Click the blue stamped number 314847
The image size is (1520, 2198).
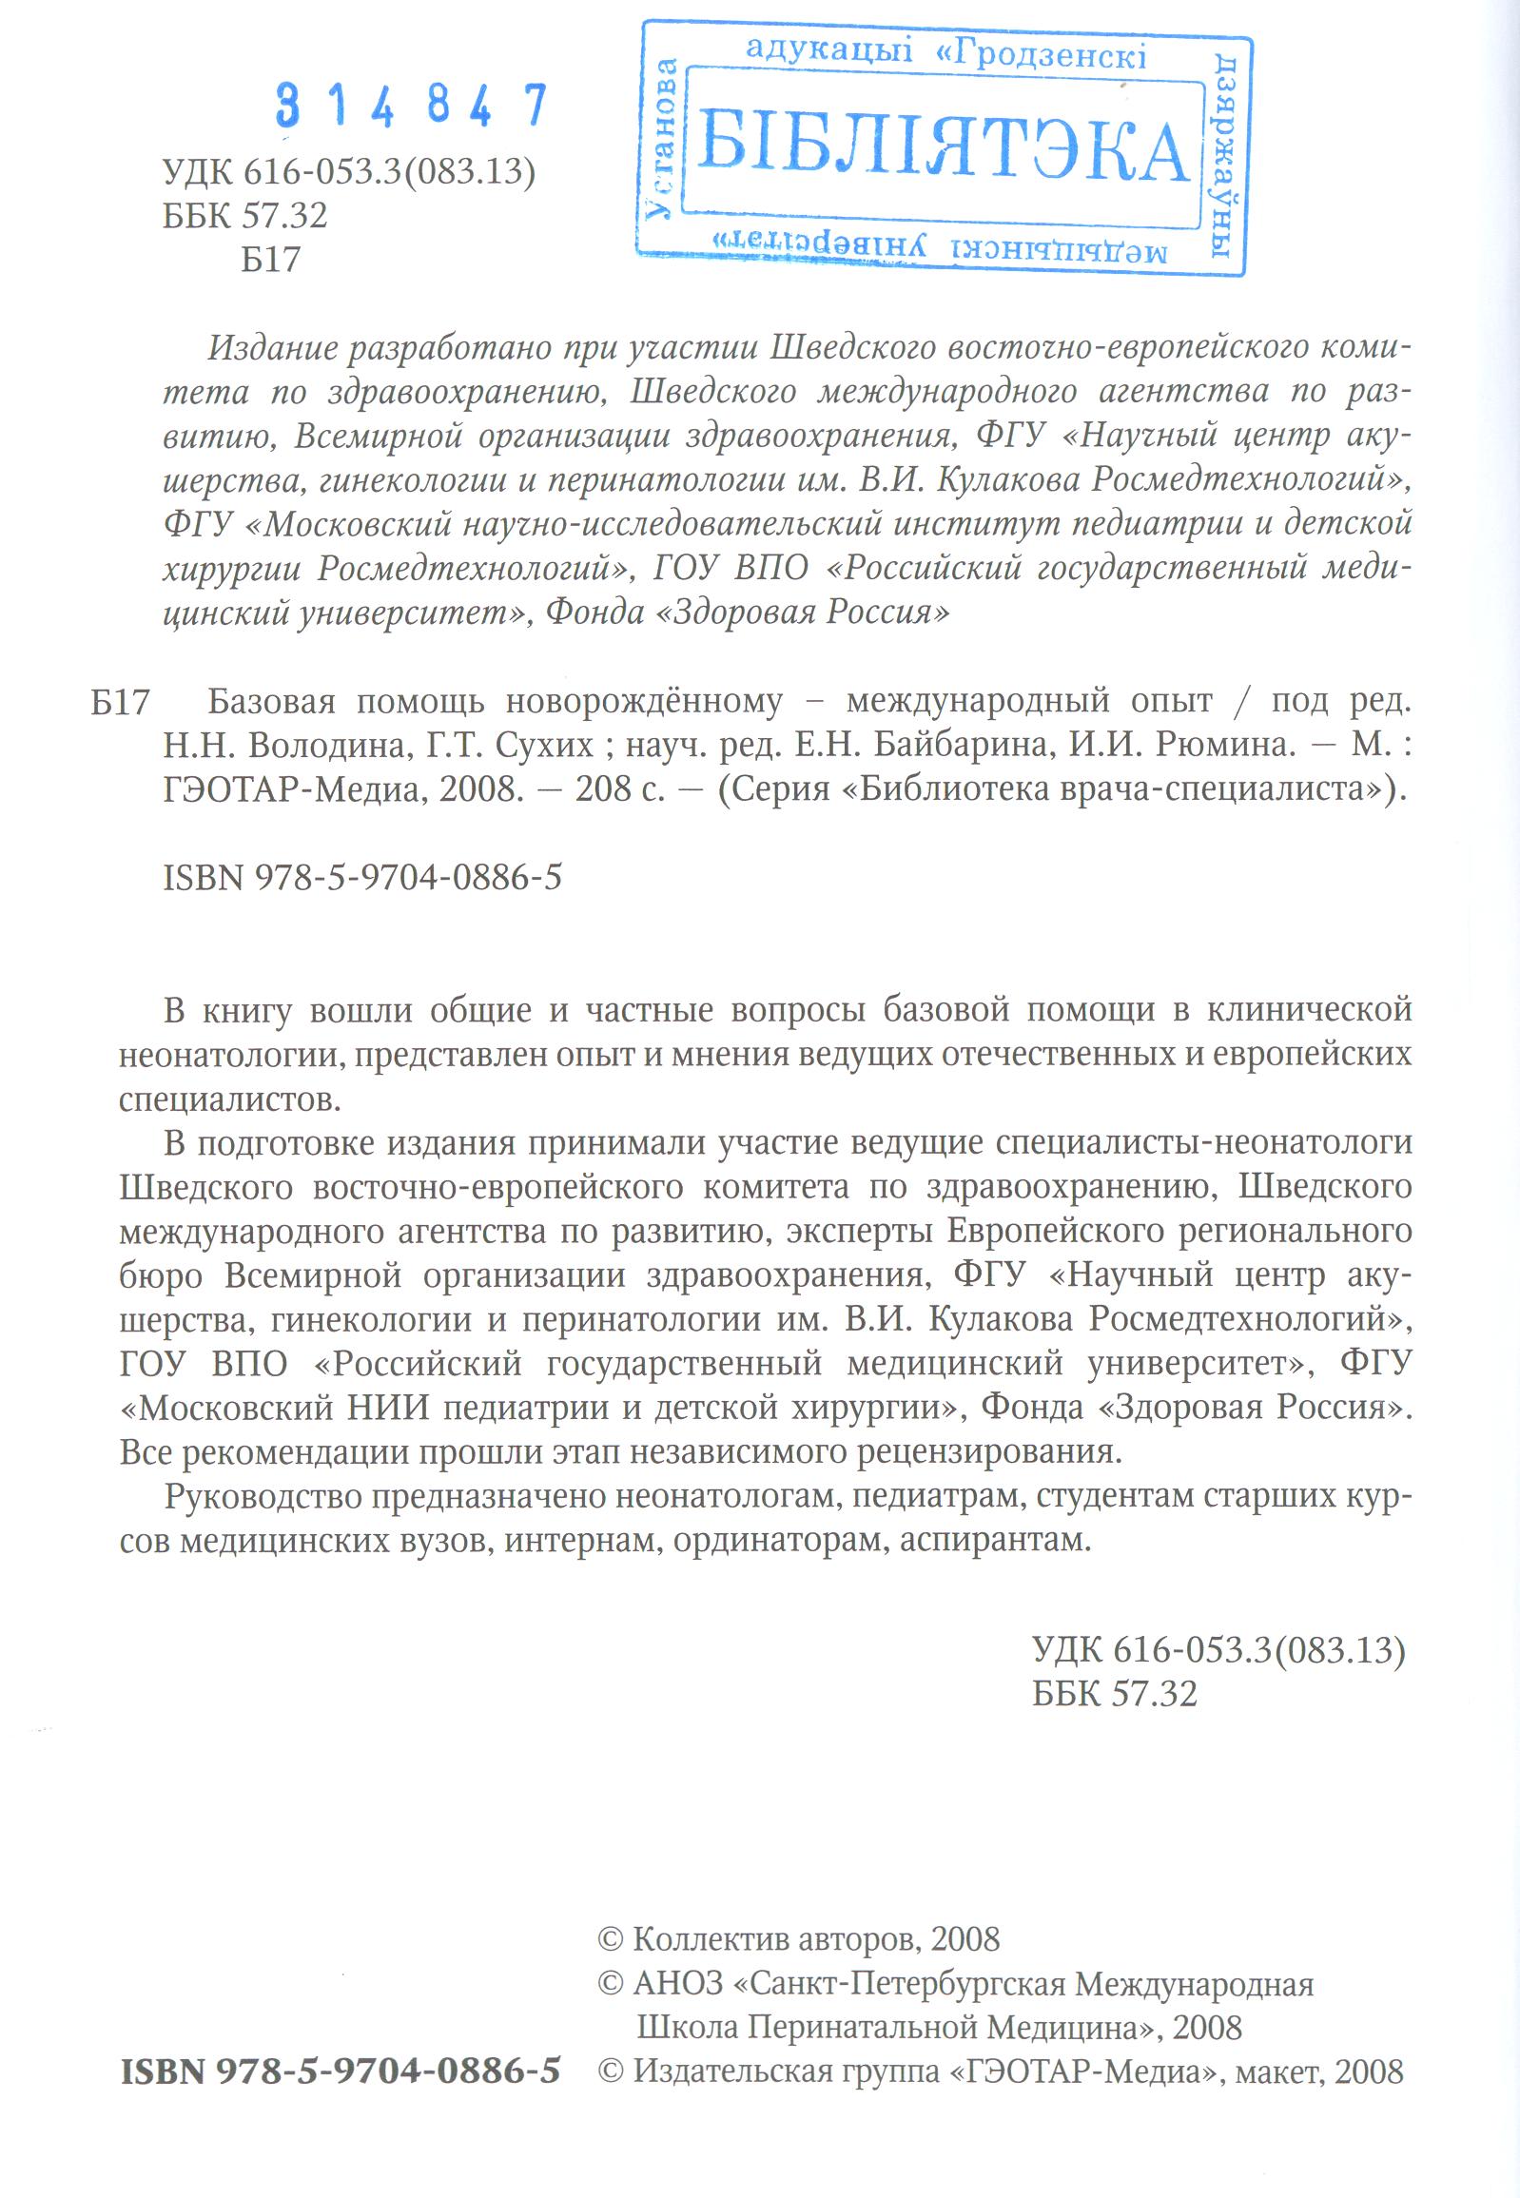(x=412, y=105)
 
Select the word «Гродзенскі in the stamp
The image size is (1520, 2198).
(x=1041, y=55)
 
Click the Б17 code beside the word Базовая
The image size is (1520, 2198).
(x=121, y=703)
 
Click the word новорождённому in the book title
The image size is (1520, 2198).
(x=644, y=702)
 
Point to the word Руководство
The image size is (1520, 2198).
(x=262, y=1496)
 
